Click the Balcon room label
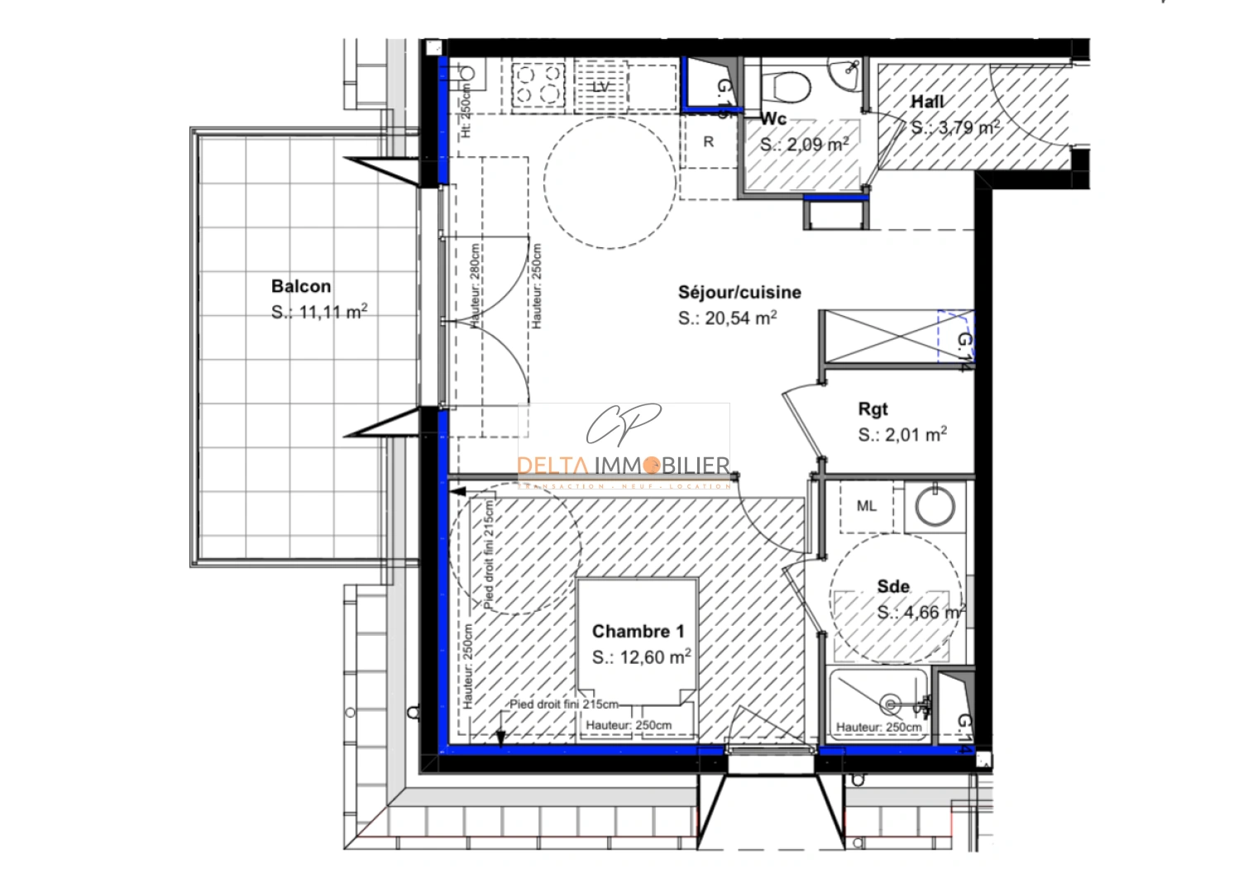(301, 286)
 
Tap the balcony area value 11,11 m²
(319, 313)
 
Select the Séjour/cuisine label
(739, 292)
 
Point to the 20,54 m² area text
(727, 318)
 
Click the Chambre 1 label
(638, 632)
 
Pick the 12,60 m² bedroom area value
(641, 657)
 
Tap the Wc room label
(773, 119)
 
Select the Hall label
(927, 102)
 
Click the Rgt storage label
(873, 408)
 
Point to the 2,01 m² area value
(902, 435)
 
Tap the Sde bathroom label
(893, 586)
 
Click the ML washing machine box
(866, 506)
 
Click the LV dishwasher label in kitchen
(601, 87)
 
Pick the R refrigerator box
(708, 142)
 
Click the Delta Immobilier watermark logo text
(624, 466)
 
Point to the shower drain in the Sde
(890, 704)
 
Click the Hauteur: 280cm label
(476, 286)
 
